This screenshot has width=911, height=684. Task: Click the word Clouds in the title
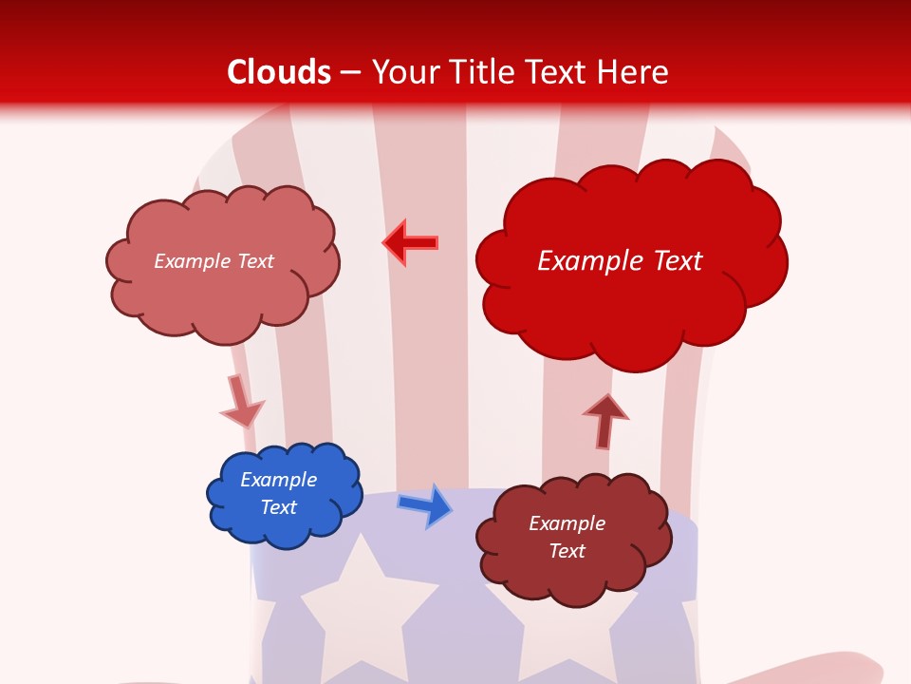click(x=279, y=71)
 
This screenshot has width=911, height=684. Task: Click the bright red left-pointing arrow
click(x=410, y=243)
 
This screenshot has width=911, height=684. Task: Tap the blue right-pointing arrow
click(x=425, y=505)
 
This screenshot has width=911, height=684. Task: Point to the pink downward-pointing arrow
click(x=241, y=401)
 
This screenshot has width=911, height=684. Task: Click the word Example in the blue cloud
click(x=278, y=480)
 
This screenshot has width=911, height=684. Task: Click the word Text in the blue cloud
click(x=278, y=507)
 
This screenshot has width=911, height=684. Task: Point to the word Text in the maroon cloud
click(x=567, y=551)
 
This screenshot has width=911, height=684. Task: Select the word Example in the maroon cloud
click(x=567, y=523)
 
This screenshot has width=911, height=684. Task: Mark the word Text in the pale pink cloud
click(x=253, y=261)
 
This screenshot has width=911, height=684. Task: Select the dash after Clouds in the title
click(x=350, y=72)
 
